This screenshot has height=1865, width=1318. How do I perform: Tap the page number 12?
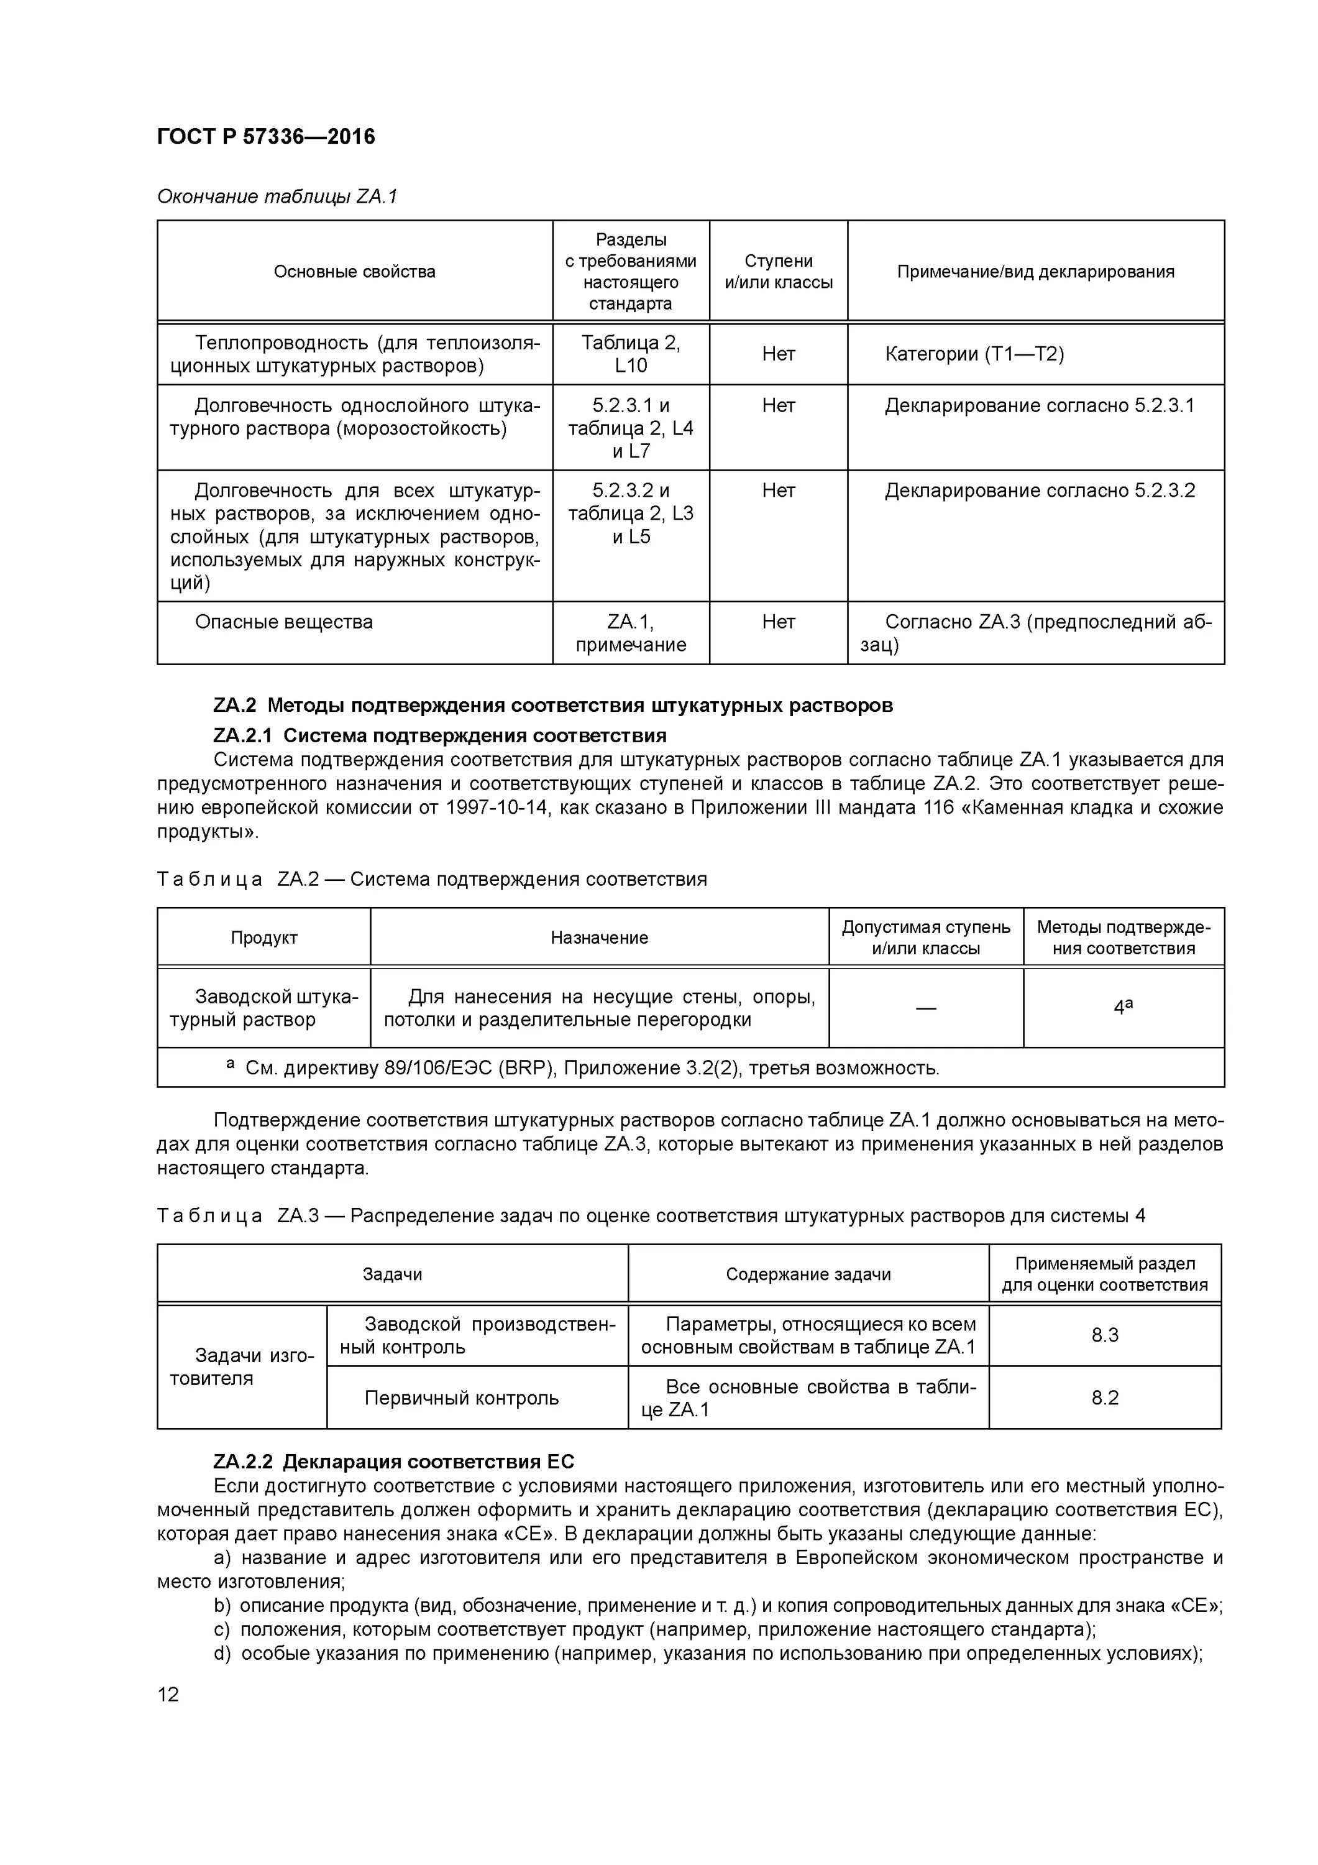[168, 1695]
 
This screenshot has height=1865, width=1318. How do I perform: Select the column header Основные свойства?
[354, 271]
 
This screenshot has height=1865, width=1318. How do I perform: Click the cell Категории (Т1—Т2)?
[974, 354]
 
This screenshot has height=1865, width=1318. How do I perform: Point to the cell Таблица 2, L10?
[630, 354]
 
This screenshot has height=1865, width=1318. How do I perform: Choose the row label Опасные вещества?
[283, 622]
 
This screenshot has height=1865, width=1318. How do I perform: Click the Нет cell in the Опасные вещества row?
[778, 622]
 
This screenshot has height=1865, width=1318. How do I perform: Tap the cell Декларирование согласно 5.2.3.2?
[1040, 490]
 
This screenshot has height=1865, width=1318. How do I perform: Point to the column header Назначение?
[599, 937]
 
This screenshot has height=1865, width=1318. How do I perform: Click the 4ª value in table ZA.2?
[1123, 1007]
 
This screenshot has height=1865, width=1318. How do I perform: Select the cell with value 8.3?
[1104, 1335]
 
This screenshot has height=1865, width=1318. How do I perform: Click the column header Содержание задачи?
[808, 1274]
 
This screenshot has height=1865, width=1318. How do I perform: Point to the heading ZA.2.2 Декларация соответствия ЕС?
[393, 1462]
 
